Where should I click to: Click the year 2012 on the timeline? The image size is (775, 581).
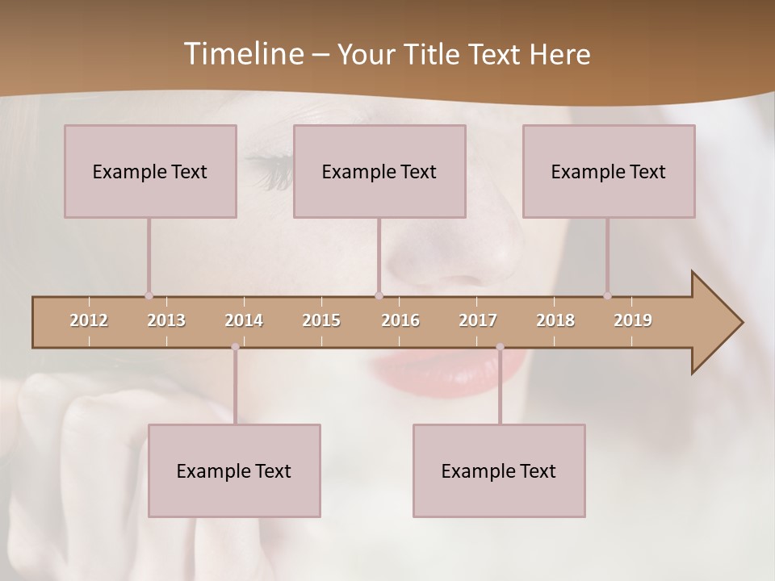[89, 320]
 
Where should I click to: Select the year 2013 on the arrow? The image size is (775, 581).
[166, 320]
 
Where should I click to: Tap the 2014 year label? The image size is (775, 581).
[244, 320]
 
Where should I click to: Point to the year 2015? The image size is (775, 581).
[321, 320]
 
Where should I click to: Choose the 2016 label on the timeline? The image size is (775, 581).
[400, 320]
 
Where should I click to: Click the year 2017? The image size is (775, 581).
[478, 320]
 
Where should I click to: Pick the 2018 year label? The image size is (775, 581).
[555, 320]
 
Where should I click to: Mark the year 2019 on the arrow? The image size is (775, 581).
[633, 320]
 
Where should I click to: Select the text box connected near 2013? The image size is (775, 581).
[150, 171]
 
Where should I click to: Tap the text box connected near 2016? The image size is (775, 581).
[379, 171]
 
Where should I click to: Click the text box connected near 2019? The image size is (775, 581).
[609, 171]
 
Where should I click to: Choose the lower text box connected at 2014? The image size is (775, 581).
[234, 470]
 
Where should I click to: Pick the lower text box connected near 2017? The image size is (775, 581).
[499, 470]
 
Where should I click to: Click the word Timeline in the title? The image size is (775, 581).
[242, 54]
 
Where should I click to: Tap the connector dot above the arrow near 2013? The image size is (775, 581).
[149, 296]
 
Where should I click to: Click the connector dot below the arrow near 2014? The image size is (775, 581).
[235, 347]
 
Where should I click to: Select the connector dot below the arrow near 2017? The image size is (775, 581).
[500, 347]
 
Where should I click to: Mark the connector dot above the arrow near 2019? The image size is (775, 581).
[607, 296]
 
